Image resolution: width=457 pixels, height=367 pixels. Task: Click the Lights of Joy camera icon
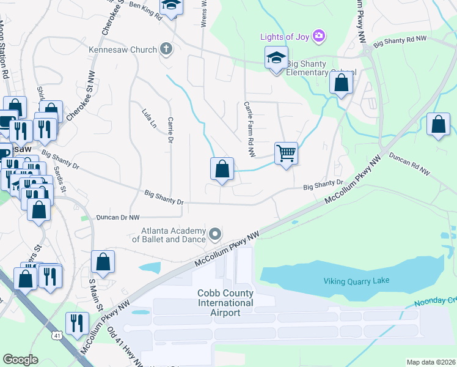318,37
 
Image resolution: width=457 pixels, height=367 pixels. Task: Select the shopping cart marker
286,153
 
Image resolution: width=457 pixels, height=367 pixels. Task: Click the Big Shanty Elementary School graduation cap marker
276,59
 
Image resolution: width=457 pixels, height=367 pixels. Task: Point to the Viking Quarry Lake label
356,281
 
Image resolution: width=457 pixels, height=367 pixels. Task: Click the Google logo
20,360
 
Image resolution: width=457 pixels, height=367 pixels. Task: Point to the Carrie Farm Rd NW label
249,128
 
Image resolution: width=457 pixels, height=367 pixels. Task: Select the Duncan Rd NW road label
409,164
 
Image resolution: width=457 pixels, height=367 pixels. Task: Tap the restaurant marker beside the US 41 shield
77,322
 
